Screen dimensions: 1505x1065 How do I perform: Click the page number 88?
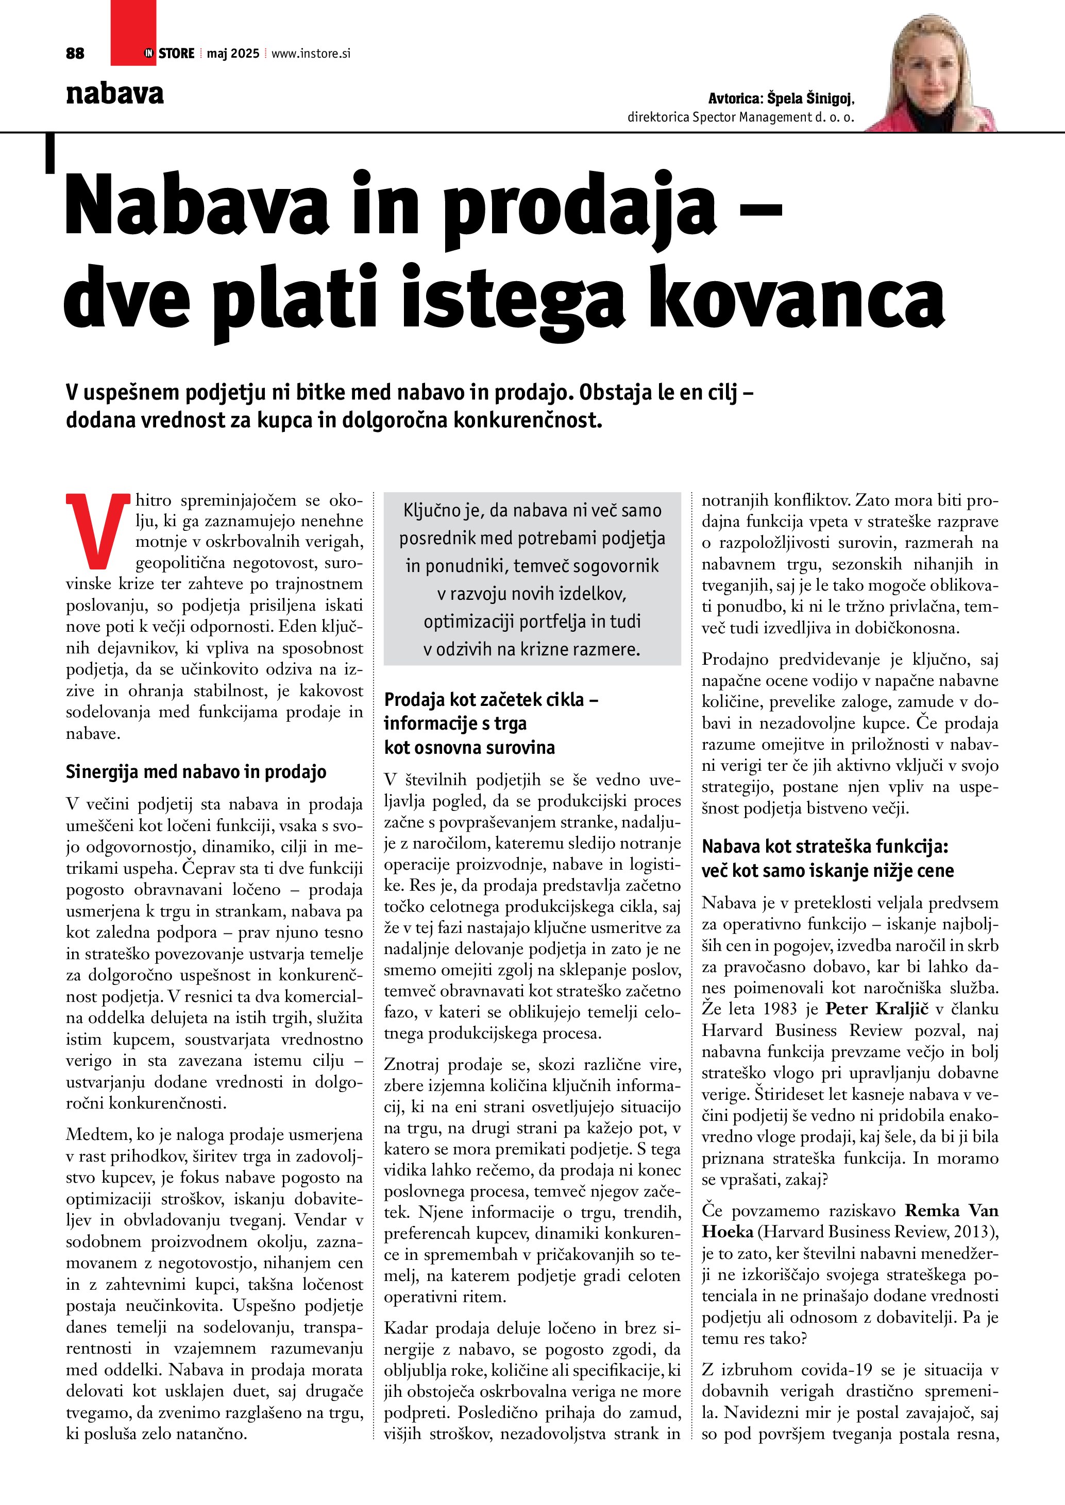[75, 54]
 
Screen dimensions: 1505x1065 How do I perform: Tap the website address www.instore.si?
[311, 54]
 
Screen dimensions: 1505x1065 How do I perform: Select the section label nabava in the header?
[115, 94]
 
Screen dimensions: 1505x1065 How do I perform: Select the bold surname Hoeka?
[728, 1232]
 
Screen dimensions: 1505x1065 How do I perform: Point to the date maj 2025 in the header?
[233, 54]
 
